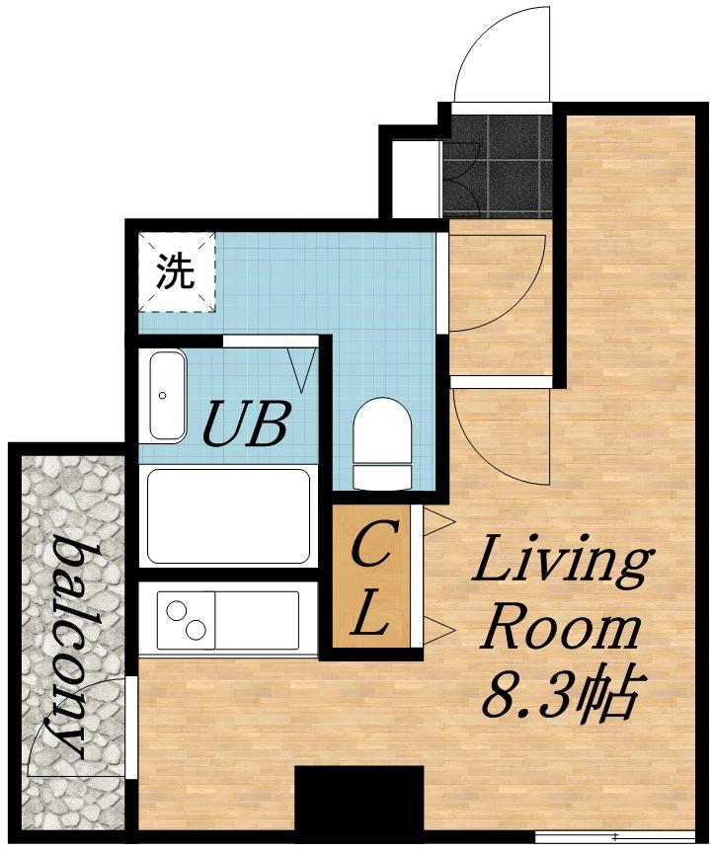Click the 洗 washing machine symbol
[177, 271]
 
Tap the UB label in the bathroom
[244, 423]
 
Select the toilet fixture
[382, 443]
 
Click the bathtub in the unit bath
[229, 515]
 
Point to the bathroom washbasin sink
[167, 395]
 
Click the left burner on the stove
[177, 611]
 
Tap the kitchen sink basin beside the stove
[257, 620]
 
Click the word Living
[560, 564]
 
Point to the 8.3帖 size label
[559, 694]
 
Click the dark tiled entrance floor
[498, 166]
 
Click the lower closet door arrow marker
[437, 630]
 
